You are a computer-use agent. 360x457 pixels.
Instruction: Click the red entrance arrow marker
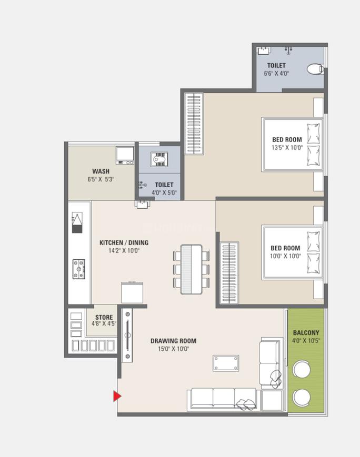click(117, 396)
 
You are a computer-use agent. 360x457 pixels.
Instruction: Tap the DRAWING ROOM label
click(173, 341)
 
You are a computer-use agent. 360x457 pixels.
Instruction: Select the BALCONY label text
click(306, 333)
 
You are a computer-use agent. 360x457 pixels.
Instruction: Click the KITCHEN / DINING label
click(124, 243)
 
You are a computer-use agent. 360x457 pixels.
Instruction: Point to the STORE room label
click(104, 317)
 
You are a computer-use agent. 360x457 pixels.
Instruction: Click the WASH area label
click(101, 171)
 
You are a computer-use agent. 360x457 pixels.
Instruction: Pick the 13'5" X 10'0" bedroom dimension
click(287, 148)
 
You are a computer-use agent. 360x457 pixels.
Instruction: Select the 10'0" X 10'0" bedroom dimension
click(285, 256)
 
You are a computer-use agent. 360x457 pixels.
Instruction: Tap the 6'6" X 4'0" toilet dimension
click(276, 74)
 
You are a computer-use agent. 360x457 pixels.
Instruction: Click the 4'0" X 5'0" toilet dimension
click(163, 192)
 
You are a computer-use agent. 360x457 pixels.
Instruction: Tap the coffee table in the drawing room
click(226, 363)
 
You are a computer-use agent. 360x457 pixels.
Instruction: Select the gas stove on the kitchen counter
click(79, 269)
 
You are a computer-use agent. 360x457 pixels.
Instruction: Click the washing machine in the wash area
click(125, 155)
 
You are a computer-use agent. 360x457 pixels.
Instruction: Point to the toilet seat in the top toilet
click(314, 69)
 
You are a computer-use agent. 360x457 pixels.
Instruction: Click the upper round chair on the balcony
click(302, 370)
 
